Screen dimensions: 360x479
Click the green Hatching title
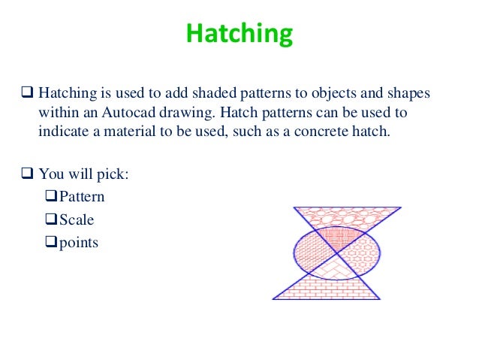239,33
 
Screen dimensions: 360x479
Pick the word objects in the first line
327,95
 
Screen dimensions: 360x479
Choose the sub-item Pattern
82,198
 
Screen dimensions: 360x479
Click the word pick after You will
111,174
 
